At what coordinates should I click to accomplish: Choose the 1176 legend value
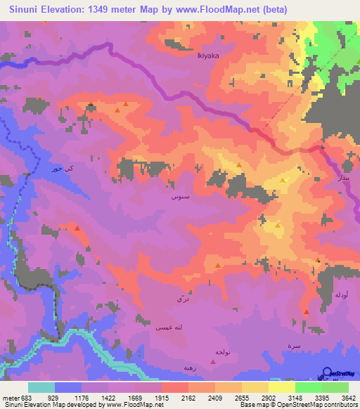pos(89,397)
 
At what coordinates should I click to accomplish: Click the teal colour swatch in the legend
pos(41,387)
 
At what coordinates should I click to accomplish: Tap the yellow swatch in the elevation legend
pos(281,387)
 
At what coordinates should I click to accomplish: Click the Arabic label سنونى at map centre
pos(177,197)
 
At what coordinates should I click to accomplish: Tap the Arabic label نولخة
pos(214,351)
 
